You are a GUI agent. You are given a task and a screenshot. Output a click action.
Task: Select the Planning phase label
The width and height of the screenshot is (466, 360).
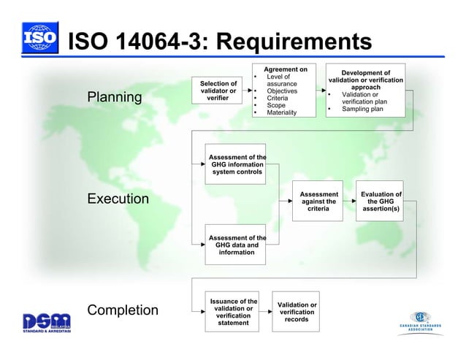(x=115, y=97)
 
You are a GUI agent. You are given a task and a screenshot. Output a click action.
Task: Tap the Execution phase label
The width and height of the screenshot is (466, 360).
(x=118, y=199)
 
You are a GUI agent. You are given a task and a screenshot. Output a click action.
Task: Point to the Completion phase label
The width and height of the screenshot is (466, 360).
(x=123, y=310)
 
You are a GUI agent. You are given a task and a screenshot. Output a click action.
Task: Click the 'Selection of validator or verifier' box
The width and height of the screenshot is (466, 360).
(x=218, y=91)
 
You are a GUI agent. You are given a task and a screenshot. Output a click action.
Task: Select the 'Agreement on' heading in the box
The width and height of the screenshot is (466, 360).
(x=285, y=69)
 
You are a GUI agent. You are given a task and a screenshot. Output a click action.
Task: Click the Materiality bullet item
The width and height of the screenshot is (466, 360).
(x=281, y=113)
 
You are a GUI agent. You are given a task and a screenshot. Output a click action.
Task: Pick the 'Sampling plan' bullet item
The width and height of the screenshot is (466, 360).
(x=362, y=110)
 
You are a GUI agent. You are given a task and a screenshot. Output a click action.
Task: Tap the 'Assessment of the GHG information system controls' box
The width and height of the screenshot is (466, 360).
(x=237, y=164)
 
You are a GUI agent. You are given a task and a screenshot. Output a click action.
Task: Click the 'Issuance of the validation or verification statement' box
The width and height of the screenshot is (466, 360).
(x=233, y=312)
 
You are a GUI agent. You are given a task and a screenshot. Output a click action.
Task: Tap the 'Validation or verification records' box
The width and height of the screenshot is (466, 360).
(x=297, y=312)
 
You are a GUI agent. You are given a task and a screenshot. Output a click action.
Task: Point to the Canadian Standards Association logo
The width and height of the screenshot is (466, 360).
(x=419, y=321)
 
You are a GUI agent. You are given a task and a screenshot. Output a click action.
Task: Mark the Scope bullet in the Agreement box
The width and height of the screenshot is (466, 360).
(x=276, y=105)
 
